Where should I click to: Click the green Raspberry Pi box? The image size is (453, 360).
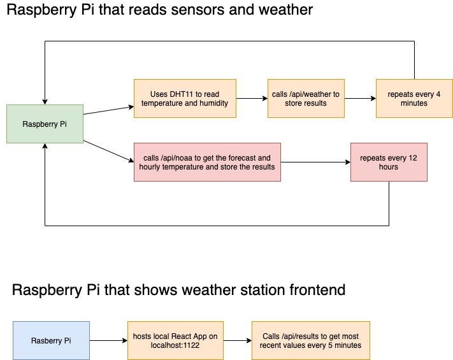pyautogui.click(x=45, y=124)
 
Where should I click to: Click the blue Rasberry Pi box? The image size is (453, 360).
pyautogui.click(x=51, y=340)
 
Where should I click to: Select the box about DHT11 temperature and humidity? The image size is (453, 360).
pyautogui.click(x=185, y=98)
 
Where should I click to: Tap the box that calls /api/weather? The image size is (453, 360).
pyautogui.click(x=306, y=98)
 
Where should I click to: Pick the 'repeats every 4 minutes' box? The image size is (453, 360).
pyautogui.click(x=414, y=98)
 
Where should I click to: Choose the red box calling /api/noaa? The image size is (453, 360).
pyautogui.click(x=207, y=162)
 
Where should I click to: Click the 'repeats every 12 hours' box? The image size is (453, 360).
pyautogui.click(x=389, y=162)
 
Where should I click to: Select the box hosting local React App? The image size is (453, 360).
pyautogui.click(x=175, y=340)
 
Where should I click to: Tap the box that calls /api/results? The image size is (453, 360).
pyautogui.click(x=310, y=340)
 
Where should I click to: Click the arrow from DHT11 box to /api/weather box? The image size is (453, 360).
pyautogui.click(x=252, y=98)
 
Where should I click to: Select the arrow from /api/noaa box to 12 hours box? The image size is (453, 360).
pyautogui.click(x=315, y=162)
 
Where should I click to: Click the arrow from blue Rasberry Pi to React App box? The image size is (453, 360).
pyautogui.click(x=108, y=340)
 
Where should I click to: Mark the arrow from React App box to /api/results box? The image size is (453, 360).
pyautogui.click(x=237, y=340)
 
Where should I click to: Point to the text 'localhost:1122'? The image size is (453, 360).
pyautogui.click(x=175, y=345)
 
